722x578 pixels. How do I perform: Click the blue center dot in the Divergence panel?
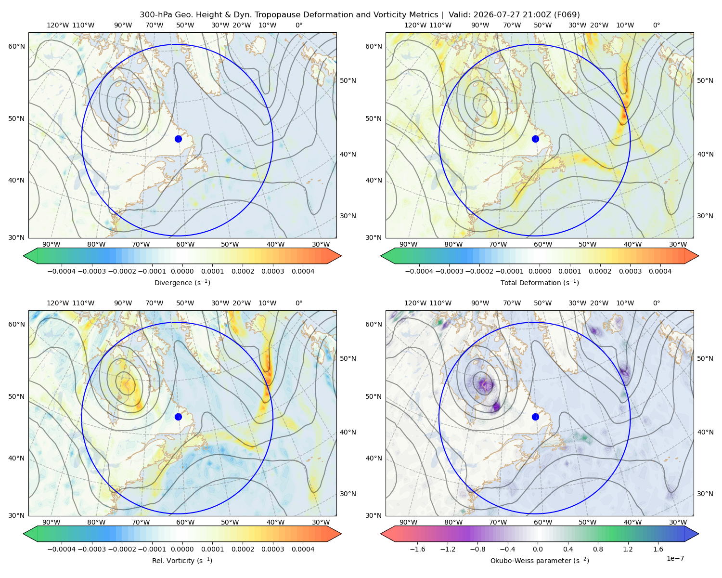(178, 139)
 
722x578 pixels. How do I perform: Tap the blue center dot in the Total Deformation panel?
(535, 139)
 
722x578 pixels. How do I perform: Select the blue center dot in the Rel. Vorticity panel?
(178, 417)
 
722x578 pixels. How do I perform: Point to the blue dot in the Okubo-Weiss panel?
(535, 417)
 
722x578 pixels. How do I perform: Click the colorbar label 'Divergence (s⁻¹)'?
(182, 283)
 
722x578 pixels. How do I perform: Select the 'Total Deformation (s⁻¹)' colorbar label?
(540, 283)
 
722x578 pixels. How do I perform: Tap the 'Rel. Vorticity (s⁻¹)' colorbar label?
(182, 561)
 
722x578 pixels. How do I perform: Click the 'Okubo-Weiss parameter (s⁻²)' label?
(540, 561)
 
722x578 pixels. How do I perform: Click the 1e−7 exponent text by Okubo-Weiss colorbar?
(675, 558)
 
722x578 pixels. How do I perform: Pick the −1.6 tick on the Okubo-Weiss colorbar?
(417, 549)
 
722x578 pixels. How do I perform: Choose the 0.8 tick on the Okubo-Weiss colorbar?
(598, 549)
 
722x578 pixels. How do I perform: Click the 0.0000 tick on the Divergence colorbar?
(182, 271)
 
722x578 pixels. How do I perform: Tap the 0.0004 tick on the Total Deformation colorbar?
(660, 271)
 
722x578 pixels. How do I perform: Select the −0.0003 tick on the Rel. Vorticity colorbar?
(91, 549)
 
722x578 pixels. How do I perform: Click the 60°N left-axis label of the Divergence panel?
(16, 46)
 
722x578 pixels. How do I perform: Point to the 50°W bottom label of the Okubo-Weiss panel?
(587, 522)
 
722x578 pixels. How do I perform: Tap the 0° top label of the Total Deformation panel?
(656, 25)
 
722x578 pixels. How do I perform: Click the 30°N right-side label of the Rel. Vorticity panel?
(348, 494)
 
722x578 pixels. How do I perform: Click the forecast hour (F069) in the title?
(567, 15)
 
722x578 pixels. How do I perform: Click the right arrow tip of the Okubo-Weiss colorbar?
(698, 534)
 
